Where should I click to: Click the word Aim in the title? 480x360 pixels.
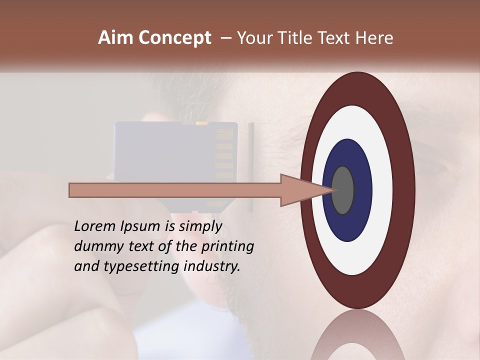pyautogui.click(x=115, y=38)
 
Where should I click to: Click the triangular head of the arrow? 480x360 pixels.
pyautogui.click(x=300, y=190)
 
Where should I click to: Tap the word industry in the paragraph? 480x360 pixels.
pyautogui.click(x=212, y=266)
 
